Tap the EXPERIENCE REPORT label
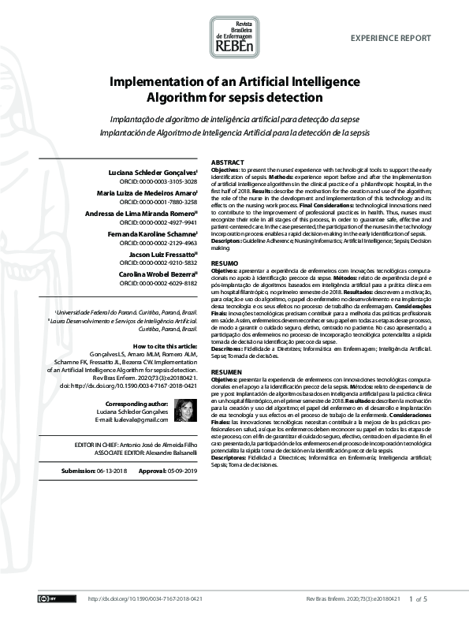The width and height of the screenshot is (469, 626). pyautogui.click(x=390, y=38)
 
